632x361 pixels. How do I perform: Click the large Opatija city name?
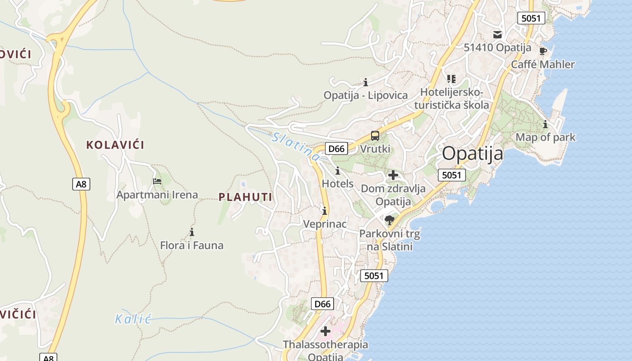pos(472,153)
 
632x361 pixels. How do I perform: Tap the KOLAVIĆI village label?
pos(115,145)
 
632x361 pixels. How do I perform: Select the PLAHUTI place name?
pos(245,197)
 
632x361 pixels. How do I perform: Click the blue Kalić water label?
pos(132,319)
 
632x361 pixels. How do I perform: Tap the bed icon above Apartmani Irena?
pos(157,181)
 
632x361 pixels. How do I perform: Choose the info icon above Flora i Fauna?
pos(192,232)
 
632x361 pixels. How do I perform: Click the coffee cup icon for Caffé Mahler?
pos(543,51)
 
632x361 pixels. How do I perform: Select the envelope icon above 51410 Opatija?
pos(497,34)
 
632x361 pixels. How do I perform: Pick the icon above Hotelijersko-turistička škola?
pos(451,79)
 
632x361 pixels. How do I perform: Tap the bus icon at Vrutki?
pos(375,135)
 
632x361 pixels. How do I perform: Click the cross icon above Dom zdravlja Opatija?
pos(393,175)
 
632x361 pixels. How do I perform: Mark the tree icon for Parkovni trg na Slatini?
pos(389,220)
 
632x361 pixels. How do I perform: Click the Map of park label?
pos(545,137)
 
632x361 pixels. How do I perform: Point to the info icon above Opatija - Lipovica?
pos(366,82)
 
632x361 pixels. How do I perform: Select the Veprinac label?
pos(325,224)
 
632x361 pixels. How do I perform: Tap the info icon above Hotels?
pos(338,171)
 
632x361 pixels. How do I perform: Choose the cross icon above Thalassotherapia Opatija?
pos(325,332)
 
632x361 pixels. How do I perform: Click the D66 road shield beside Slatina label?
pos(336,148)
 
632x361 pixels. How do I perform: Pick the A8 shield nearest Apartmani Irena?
pos(81,184)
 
